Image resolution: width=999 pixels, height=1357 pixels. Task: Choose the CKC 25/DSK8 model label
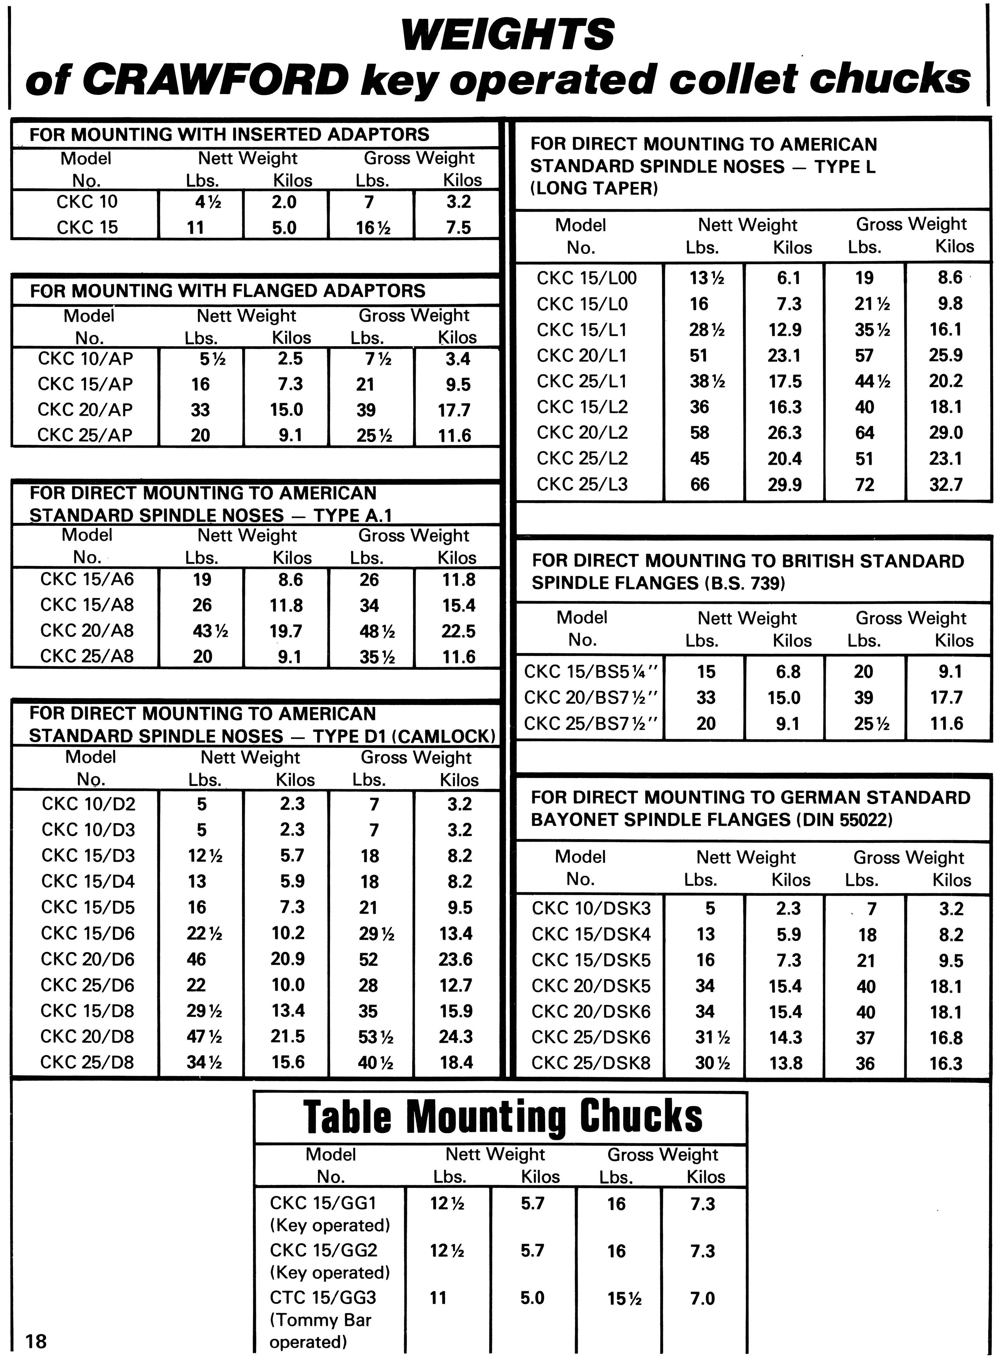(591, 1063)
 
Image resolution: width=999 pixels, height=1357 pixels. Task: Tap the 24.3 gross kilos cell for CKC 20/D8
(456, 1036)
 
